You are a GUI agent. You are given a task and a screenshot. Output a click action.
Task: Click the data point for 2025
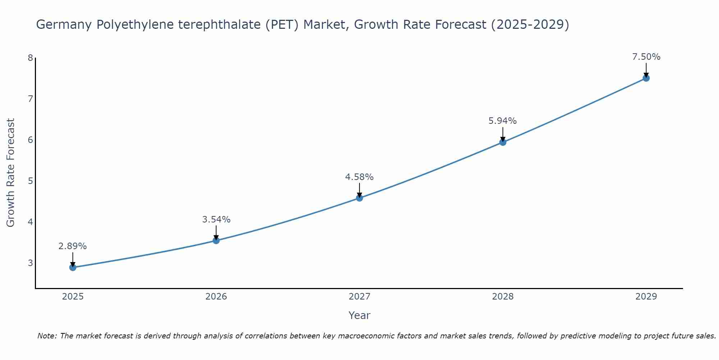pos(73,267)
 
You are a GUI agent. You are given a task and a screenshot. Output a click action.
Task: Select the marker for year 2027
pos(359,198)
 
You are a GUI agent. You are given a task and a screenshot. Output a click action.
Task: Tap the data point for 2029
pos(646,78)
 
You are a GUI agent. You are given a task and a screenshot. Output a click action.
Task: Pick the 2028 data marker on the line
pos(503,142)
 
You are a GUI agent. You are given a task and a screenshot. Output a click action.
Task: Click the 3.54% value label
pos(216,219)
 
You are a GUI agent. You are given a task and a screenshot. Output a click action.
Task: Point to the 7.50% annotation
pos(646,57)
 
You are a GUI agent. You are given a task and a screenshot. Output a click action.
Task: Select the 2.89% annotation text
pos(73,246)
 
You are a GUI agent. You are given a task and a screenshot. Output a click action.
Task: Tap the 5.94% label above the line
pos(503,121)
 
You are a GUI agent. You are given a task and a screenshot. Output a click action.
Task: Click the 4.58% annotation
pos(359,177)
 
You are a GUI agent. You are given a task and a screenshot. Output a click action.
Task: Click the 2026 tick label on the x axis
pos(216,297)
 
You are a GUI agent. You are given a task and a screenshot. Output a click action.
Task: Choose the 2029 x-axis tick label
pos(646,297)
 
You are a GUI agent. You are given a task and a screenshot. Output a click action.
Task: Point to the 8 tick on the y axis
pos(30,58)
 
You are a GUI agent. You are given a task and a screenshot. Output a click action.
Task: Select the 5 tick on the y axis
pos(30,181)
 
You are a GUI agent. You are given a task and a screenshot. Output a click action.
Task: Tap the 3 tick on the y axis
pos(30,263)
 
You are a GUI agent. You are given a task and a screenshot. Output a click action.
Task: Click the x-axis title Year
pos(359,315)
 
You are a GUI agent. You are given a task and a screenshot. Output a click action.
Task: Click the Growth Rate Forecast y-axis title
pos(11,173)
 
